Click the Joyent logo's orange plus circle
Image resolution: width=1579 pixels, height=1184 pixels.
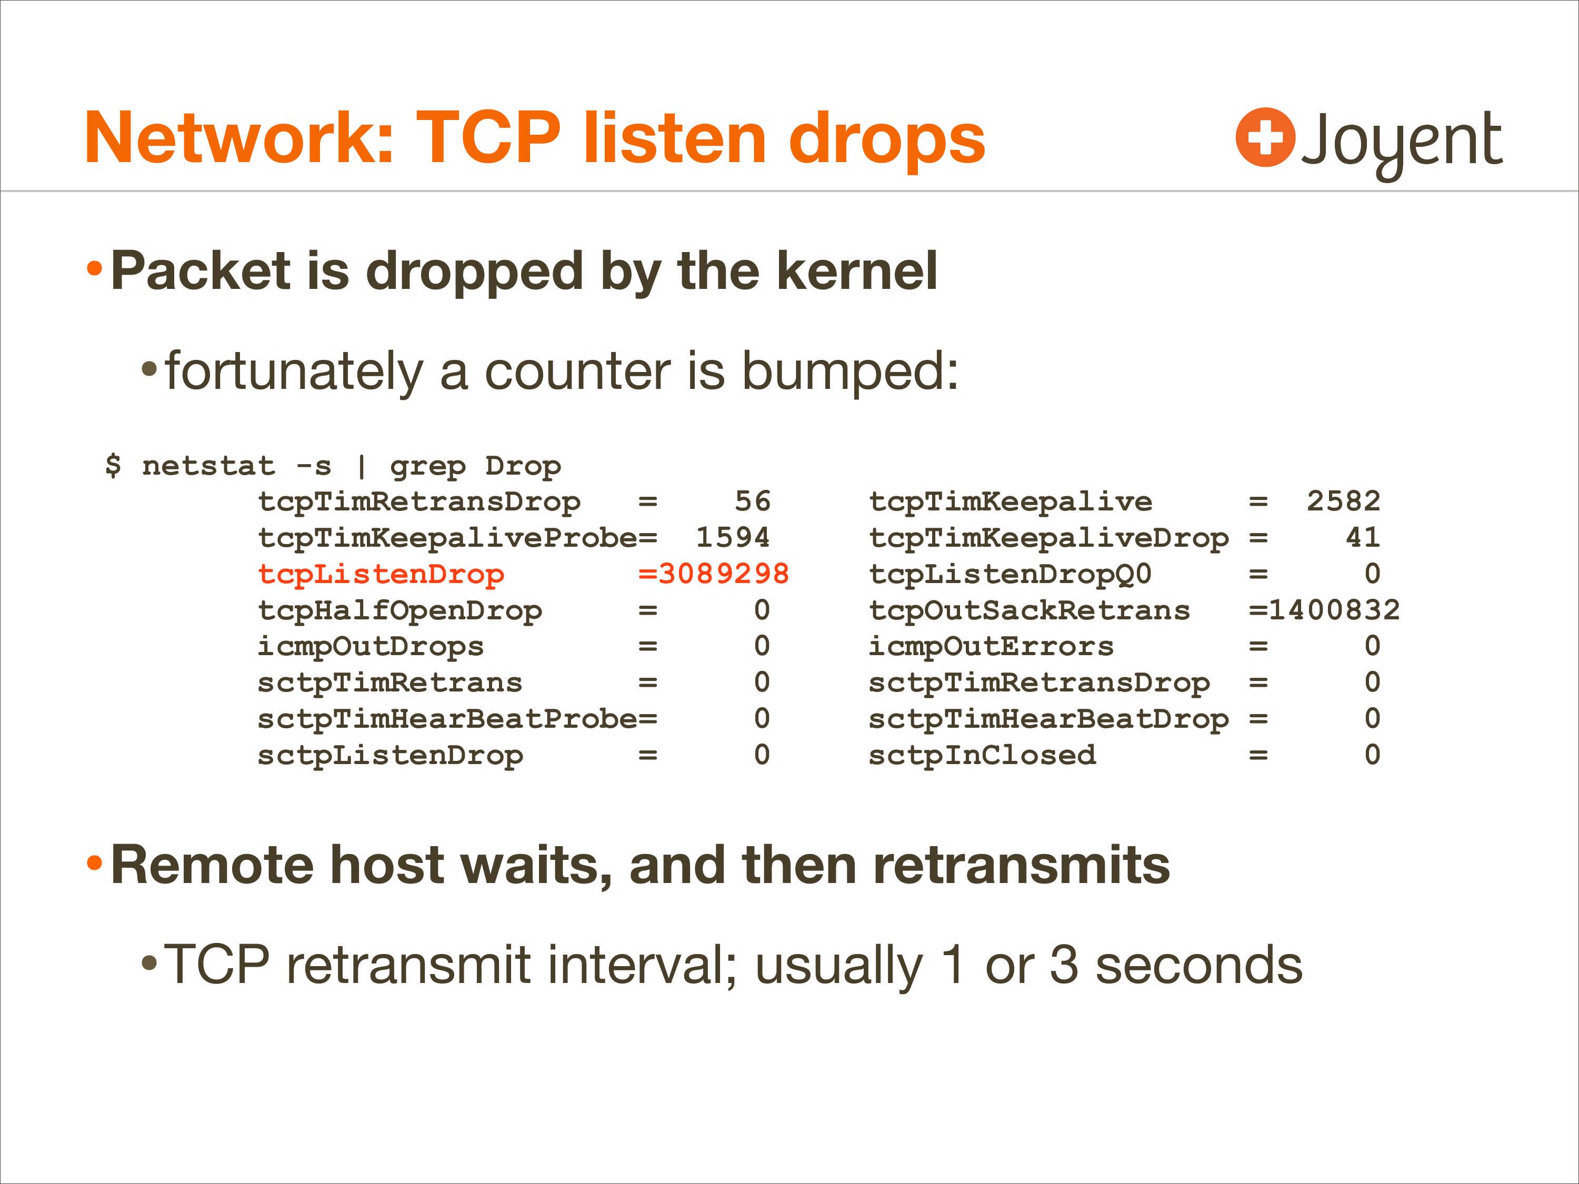(x=1265, y=137)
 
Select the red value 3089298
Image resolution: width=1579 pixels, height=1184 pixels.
(x=723, y=574)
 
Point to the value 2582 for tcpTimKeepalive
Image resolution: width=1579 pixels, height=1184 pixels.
(x=1343, y=501)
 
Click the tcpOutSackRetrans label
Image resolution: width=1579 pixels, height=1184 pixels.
(x=1030, y=610)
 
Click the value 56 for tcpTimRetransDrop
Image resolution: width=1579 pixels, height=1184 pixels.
(x=752, y=501)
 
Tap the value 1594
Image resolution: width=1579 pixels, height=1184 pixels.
(x=733, y=537)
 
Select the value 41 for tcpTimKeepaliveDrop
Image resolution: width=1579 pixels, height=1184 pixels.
(x=1363, y=537)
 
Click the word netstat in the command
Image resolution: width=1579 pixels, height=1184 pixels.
(x=208, y=466)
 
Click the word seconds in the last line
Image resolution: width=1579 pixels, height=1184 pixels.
(x=1198, y=965)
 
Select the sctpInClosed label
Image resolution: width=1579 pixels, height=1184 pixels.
(x=982, y=755)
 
